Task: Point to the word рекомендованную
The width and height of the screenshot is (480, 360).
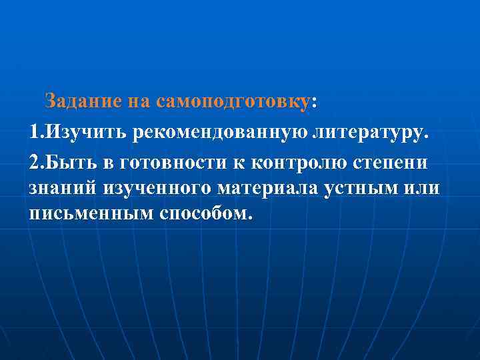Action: (x=220, y=131)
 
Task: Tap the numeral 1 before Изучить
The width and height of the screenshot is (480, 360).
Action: (x=34, y=131)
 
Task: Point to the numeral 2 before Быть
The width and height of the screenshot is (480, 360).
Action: (x=35, y=161)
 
